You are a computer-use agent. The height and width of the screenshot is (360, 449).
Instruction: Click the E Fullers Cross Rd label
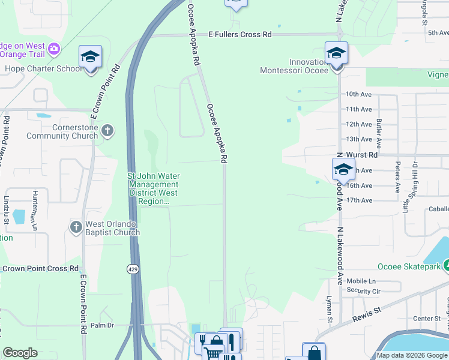(x=240, y=35)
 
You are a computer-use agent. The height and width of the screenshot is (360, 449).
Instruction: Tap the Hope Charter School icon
(x=91, y=58)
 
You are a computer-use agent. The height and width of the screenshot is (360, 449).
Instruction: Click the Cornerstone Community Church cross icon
(x=107, y=130)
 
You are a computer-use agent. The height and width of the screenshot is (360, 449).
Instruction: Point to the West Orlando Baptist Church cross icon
(x=76, y=227)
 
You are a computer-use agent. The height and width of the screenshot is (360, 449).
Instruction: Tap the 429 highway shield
(x=133, y=269)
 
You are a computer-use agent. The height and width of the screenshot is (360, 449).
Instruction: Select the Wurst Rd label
(x=365, y=155)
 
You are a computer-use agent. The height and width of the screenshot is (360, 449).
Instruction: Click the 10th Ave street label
(x=358, y=94)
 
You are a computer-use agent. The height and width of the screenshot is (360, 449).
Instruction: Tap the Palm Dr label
(x=102, y=325)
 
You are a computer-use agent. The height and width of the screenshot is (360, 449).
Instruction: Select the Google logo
(x=20, y=353)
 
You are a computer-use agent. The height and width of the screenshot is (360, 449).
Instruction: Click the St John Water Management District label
(x=154, y=189)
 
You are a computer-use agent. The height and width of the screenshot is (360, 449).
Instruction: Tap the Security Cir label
(x=364, y=291)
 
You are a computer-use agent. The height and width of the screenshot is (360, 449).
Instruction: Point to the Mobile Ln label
(x=361, y=281)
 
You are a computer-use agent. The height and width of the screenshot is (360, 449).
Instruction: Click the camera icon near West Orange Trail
(x=54, y=49)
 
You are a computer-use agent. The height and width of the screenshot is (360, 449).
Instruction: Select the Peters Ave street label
(x=397, y=176)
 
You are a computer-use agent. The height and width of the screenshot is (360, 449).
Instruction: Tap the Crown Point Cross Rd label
(x=40, y=269)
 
